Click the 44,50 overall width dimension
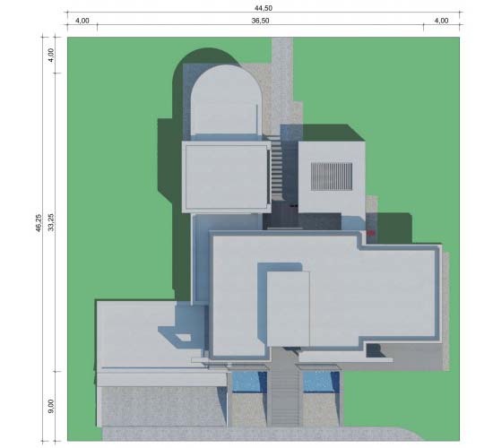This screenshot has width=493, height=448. [264, 8]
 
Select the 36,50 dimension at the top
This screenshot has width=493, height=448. [260, 21]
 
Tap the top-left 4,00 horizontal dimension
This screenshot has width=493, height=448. [82, 21]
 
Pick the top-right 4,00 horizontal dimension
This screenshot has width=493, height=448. [441, 21]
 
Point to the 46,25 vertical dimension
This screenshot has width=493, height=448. [39, 223]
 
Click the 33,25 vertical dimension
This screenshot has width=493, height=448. [51, 222]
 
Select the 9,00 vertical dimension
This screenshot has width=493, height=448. [51, 406]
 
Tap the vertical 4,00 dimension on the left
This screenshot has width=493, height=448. [51, 55]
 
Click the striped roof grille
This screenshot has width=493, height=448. [332, 177]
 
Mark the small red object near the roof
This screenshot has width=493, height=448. [371, 233]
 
